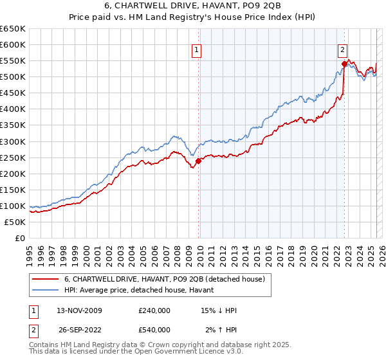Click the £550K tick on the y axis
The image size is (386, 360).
click(x=13, y=61)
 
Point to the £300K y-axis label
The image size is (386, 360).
click(x=13, y=141)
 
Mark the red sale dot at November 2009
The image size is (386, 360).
click(x=198, y=161)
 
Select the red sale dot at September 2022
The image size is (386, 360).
click(x=344, y=64)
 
